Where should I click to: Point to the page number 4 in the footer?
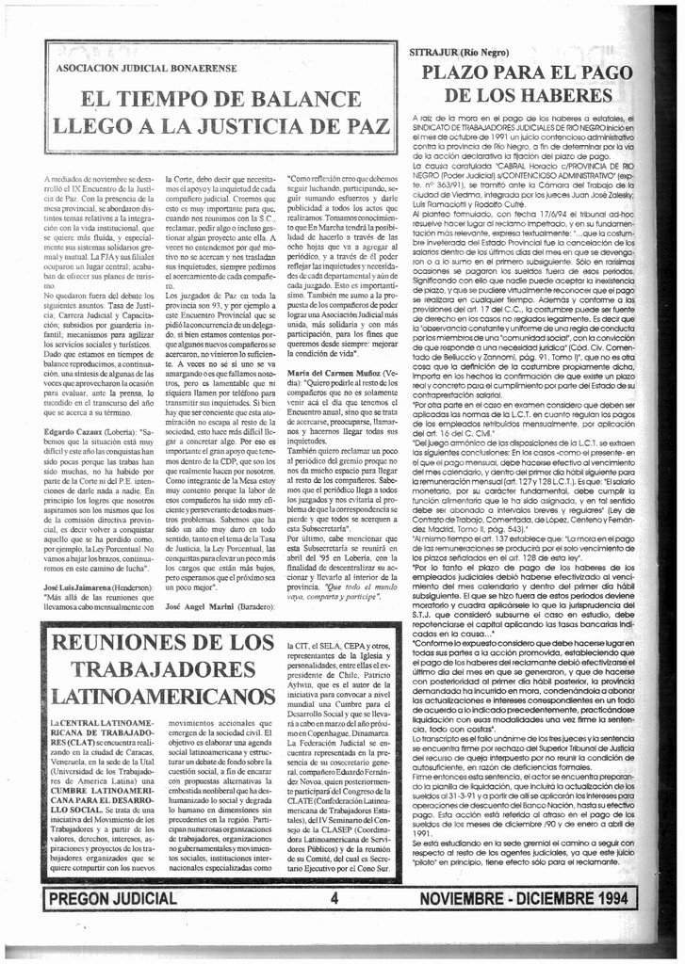coord(334,898)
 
